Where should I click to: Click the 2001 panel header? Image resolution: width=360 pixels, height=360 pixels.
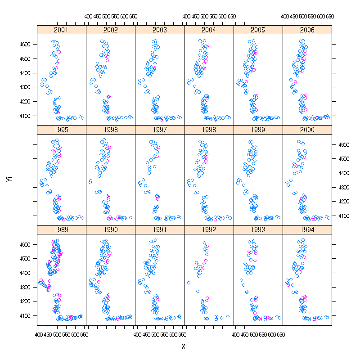coord(61,30)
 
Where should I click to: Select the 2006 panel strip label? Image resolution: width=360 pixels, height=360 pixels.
coord(307,30)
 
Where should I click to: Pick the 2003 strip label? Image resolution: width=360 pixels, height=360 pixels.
coord(160,30)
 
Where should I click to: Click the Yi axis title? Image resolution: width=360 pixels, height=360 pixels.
coord(9,180)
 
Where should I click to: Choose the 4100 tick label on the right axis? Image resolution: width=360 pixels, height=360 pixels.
coord(340,216)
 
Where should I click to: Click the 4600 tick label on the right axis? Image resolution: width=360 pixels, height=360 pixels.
coord(340,144)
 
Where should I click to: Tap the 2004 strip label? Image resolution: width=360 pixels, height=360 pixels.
coord(209,30)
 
